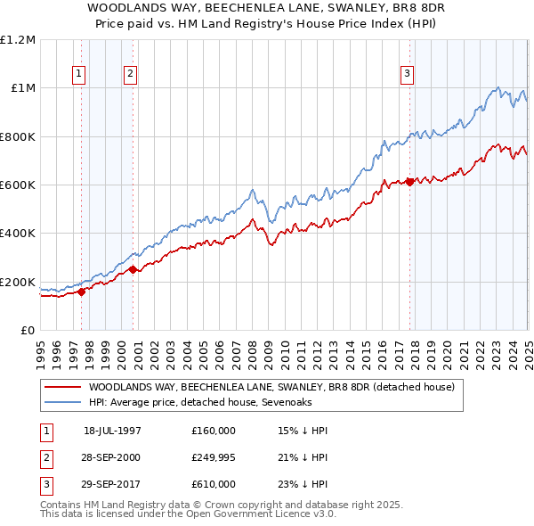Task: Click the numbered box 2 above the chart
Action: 130,75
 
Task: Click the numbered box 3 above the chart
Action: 407,75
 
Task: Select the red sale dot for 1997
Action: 81,291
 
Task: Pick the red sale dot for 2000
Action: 133,269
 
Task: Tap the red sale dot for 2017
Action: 409,182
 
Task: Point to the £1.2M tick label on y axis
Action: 18,40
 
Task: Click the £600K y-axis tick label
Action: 18,185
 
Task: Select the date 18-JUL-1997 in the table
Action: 112,431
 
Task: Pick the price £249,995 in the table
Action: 214,457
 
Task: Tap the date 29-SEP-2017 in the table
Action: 112,484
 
